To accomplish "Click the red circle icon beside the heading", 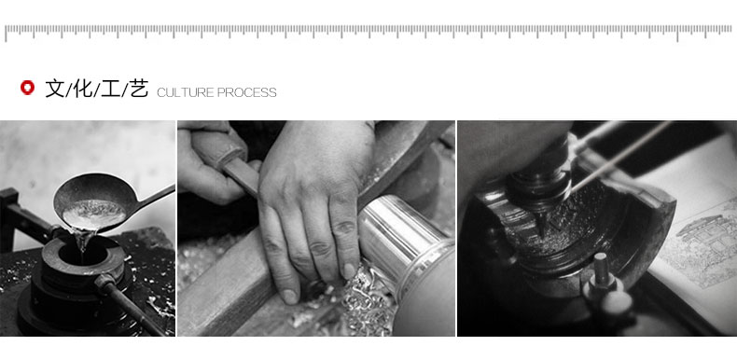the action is point(27,88).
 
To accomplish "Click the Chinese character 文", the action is point(54,89).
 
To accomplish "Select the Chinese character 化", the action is point(83,89).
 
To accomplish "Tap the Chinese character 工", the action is point(111,89).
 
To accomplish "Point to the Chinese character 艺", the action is point(139,89).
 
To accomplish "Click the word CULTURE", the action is point(186,92).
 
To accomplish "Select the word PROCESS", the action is point(247,92).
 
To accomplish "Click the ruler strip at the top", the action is point(368,32).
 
